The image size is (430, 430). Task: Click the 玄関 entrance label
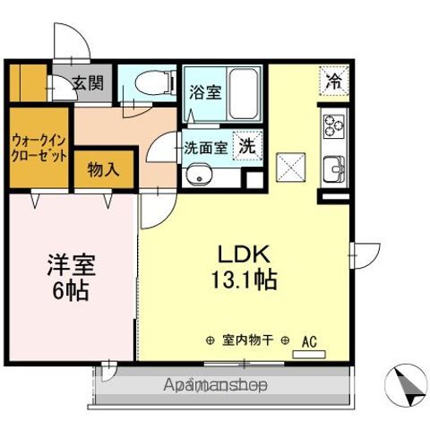(x=87, y=84)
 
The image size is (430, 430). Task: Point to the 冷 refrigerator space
(x=333, y=81)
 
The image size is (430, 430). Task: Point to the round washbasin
(x=199, y=176)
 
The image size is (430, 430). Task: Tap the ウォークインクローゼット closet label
(x=39, y=148)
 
